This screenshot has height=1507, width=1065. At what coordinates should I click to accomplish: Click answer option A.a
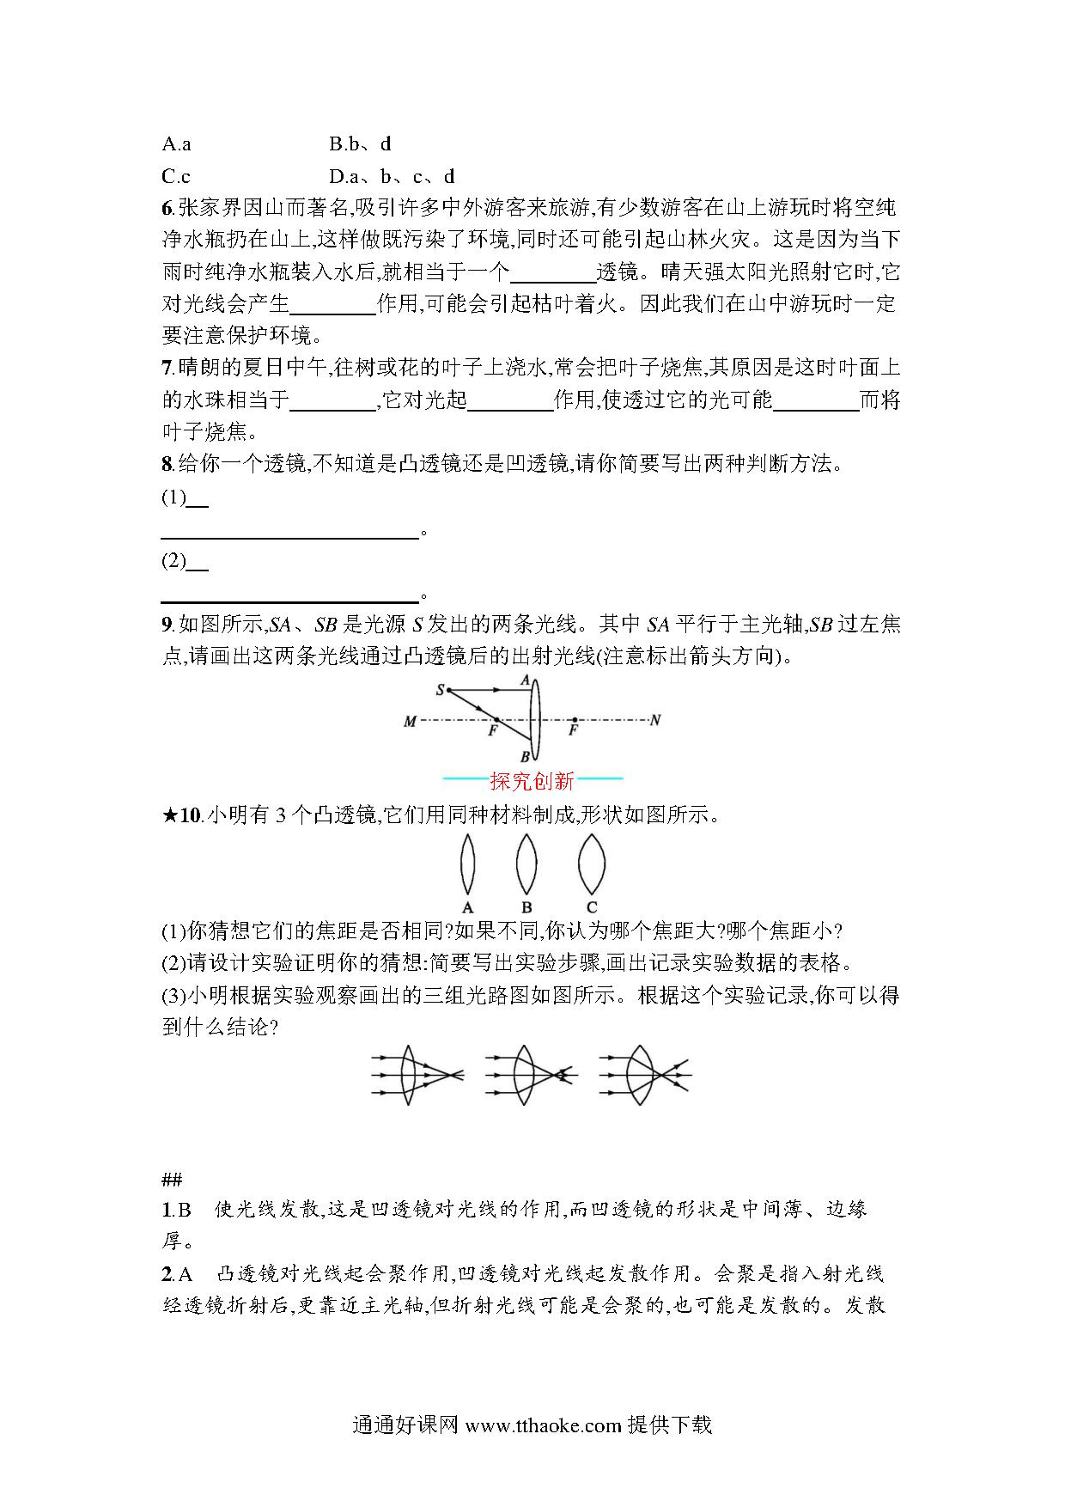click(x=176, y=143)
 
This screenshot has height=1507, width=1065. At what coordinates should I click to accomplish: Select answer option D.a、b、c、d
click(x=392, y=177)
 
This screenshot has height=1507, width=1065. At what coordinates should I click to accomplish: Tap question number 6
click(x=167, y=208)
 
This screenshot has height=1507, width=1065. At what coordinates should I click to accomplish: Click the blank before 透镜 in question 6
click(x=553, y=272)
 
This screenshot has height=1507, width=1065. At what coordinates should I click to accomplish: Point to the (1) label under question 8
click(x=173, y=497)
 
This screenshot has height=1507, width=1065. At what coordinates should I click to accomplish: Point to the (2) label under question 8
click(x=173, y=561)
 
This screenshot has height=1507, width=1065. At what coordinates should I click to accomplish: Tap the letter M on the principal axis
click(x=410, y=722)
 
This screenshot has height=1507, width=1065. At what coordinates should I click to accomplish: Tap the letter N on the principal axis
click(x=655, y=720)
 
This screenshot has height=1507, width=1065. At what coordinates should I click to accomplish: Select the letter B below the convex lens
click(x=525, y=758)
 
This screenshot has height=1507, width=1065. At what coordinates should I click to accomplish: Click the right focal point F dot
click(x=574, y=720)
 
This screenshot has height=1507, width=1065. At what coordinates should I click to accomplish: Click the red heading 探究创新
click(x=532, y=781)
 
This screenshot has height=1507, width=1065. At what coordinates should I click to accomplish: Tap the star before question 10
click(x=169, y=815)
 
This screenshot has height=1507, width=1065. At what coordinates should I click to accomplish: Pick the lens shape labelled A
click(x=467, y=863)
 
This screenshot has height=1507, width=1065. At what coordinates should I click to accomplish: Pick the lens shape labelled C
click(x=592, y=863)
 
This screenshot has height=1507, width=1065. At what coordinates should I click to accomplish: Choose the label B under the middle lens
click(x=526, y=907)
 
